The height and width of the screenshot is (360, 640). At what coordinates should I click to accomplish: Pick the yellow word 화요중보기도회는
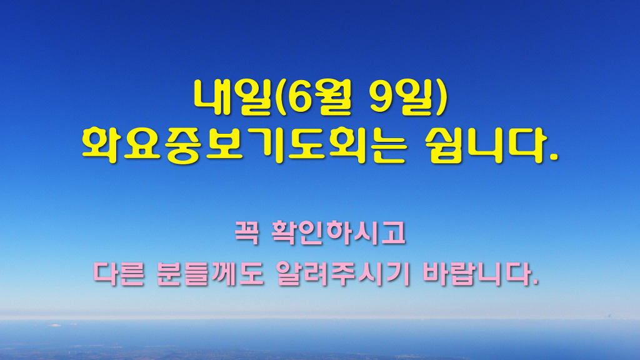click(244, 145)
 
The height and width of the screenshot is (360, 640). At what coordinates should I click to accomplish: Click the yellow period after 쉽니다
click(552, 157)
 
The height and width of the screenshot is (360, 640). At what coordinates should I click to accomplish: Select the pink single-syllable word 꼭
click(247, 232)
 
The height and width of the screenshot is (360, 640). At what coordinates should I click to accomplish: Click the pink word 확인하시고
click(338, 232)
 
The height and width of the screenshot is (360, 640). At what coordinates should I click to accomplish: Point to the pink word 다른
click(119, 274)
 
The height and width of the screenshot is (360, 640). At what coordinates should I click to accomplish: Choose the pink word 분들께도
click(210, 274)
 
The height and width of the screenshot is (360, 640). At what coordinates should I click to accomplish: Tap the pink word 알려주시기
click(343, 274)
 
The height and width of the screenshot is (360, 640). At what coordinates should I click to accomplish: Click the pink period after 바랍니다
click(535, 282)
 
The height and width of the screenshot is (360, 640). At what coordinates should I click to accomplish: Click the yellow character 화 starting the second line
click(101, 145)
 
